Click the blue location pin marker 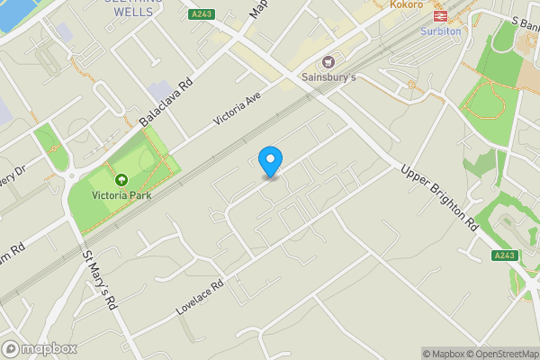coord(269,160)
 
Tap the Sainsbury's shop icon coord(328,63)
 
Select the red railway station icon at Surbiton coord(440,15)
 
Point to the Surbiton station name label coord(440,31)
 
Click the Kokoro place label coord(407,4)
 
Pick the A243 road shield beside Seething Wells coord(201,15)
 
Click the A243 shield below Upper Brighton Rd coord(505,256)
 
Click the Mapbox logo coord(39,349)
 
